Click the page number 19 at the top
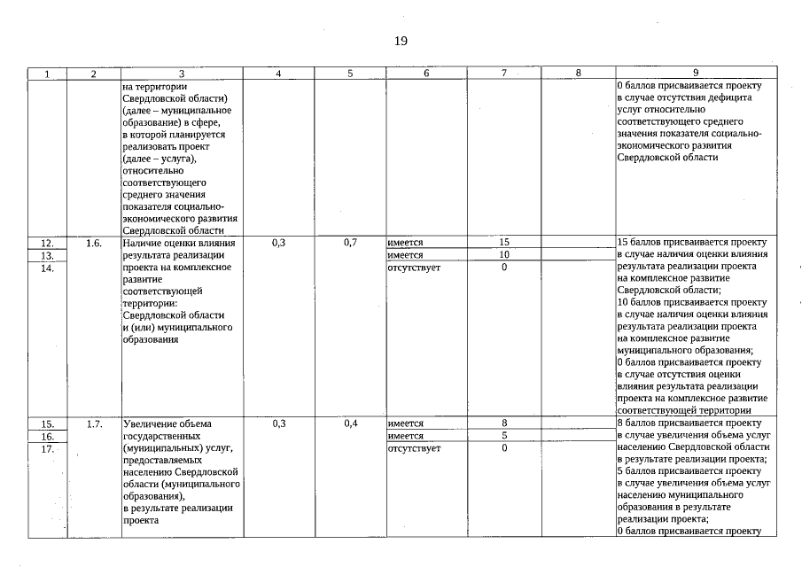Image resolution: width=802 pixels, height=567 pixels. coord(401,42)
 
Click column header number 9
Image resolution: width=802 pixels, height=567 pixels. coord(696,74)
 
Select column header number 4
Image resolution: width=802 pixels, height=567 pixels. coord(278,74)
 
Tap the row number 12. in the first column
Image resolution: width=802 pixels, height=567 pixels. coord(48,242)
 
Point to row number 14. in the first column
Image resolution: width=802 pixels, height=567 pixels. coord(48,267)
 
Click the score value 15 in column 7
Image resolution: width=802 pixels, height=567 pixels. coord(504,242)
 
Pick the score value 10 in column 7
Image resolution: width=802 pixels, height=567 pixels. coord(504,254)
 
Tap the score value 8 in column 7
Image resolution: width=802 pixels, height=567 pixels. coord(504,423)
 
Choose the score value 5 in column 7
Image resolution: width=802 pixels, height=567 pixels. coord(504,436)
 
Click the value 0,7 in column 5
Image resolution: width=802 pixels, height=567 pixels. coord(350,242)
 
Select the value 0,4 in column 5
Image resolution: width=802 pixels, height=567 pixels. coord(350,423)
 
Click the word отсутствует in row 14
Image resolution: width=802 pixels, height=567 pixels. coord(414,267)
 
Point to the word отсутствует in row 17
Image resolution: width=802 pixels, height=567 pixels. coord(414,448)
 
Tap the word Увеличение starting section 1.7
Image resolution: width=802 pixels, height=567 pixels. coord(150,423)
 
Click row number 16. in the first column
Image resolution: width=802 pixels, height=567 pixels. coord(48,436)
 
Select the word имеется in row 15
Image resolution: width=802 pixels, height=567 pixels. coord(405,423)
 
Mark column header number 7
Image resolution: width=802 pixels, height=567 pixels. coord(504,74)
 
